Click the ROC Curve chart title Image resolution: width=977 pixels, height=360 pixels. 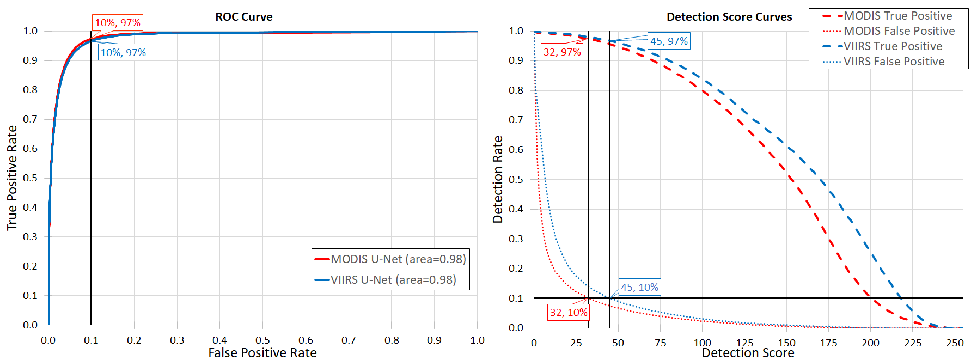coord(243,17)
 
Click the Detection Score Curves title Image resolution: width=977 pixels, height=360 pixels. coord(729,17)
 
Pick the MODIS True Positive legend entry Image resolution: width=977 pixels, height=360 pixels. coord(897,16)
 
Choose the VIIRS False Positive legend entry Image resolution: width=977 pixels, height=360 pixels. coord(894,62)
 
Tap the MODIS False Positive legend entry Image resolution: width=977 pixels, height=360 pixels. coord(899,31)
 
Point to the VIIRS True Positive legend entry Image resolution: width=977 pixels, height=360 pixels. coord(893,46)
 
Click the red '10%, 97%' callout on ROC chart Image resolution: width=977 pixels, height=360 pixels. coord(118,23)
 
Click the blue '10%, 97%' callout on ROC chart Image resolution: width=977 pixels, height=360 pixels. coord(123,53)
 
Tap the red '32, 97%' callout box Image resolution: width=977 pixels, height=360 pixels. coord(562,52)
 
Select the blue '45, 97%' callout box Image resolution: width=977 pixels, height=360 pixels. coord(669,41)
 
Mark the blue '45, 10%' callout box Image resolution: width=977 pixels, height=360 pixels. coord(640,288)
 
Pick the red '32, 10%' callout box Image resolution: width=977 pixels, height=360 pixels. coord(569,313)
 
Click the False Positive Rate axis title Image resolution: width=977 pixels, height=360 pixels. coord(262,353)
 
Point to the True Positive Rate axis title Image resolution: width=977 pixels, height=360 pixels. coord(12,178)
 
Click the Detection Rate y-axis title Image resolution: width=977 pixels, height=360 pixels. coord(498,180)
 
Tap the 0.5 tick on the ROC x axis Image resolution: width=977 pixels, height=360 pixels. coord(262,340)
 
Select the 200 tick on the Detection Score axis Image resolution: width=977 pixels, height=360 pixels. coord(870,343)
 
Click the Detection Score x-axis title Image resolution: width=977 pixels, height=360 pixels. coord(748,353)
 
